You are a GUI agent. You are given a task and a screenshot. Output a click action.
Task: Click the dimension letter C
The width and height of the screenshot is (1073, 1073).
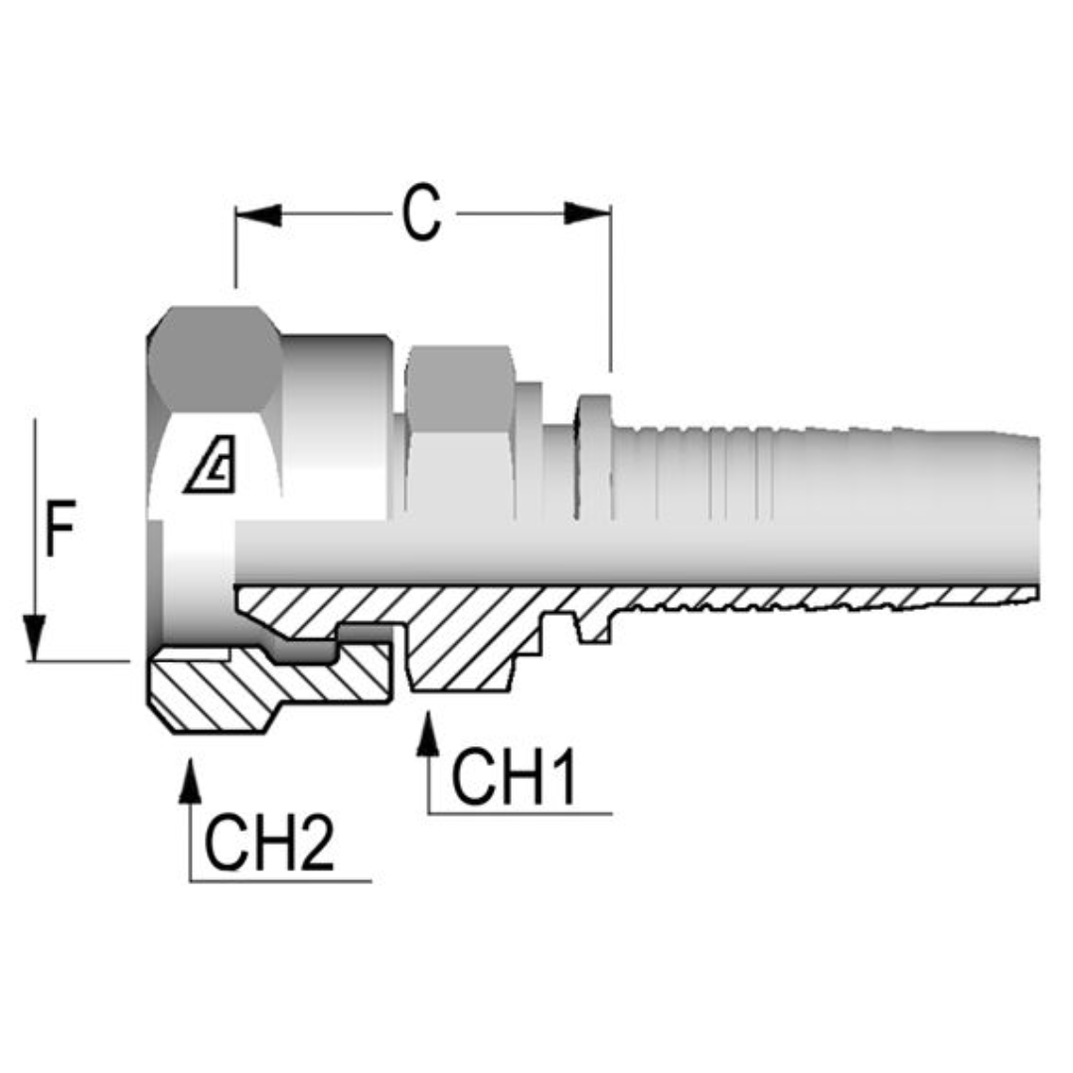(x=421, y=214)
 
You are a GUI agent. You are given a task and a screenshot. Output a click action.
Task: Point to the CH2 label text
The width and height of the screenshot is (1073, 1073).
(x=269, y=843)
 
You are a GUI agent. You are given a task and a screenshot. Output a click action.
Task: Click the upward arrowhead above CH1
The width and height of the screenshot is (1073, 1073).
(x=428, y=735)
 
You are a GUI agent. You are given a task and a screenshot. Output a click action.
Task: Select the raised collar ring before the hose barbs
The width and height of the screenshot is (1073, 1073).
(x=594, y=457)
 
